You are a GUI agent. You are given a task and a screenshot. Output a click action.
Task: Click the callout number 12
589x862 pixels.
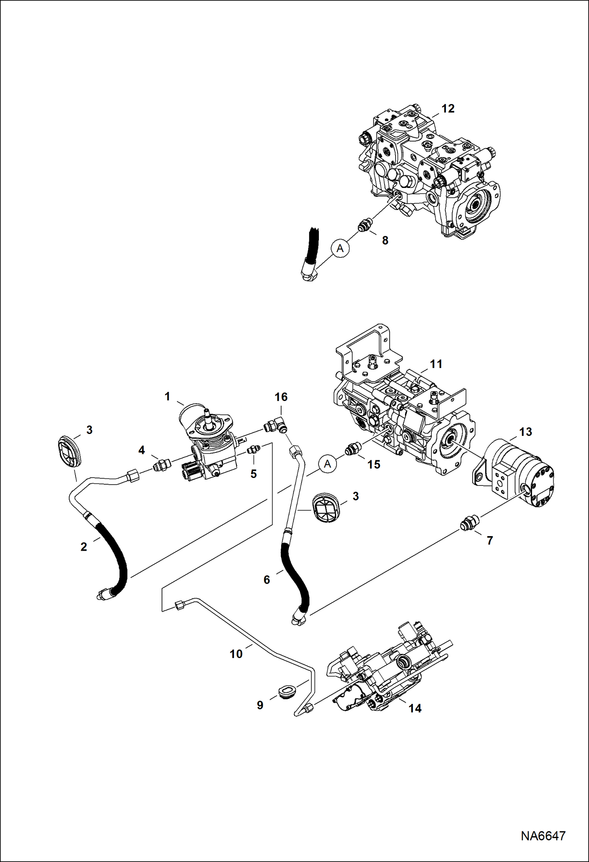(448, 108)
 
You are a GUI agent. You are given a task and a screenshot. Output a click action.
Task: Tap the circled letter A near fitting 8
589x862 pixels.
(341, 248)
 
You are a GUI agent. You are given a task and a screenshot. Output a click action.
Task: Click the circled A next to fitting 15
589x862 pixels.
(328, 464)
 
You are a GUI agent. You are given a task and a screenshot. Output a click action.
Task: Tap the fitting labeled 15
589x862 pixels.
(353, 449)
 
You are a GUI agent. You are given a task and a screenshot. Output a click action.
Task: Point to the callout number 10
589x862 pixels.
(236, 654)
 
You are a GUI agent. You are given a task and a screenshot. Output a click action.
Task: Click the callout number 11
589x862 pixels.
(436, 364)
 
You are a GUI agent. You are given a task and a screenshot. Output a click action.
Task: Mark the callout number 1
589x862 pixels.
(167, 397)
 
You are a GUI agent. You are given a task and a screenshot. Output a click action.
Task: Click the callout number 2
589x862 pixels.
(84, 546)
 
